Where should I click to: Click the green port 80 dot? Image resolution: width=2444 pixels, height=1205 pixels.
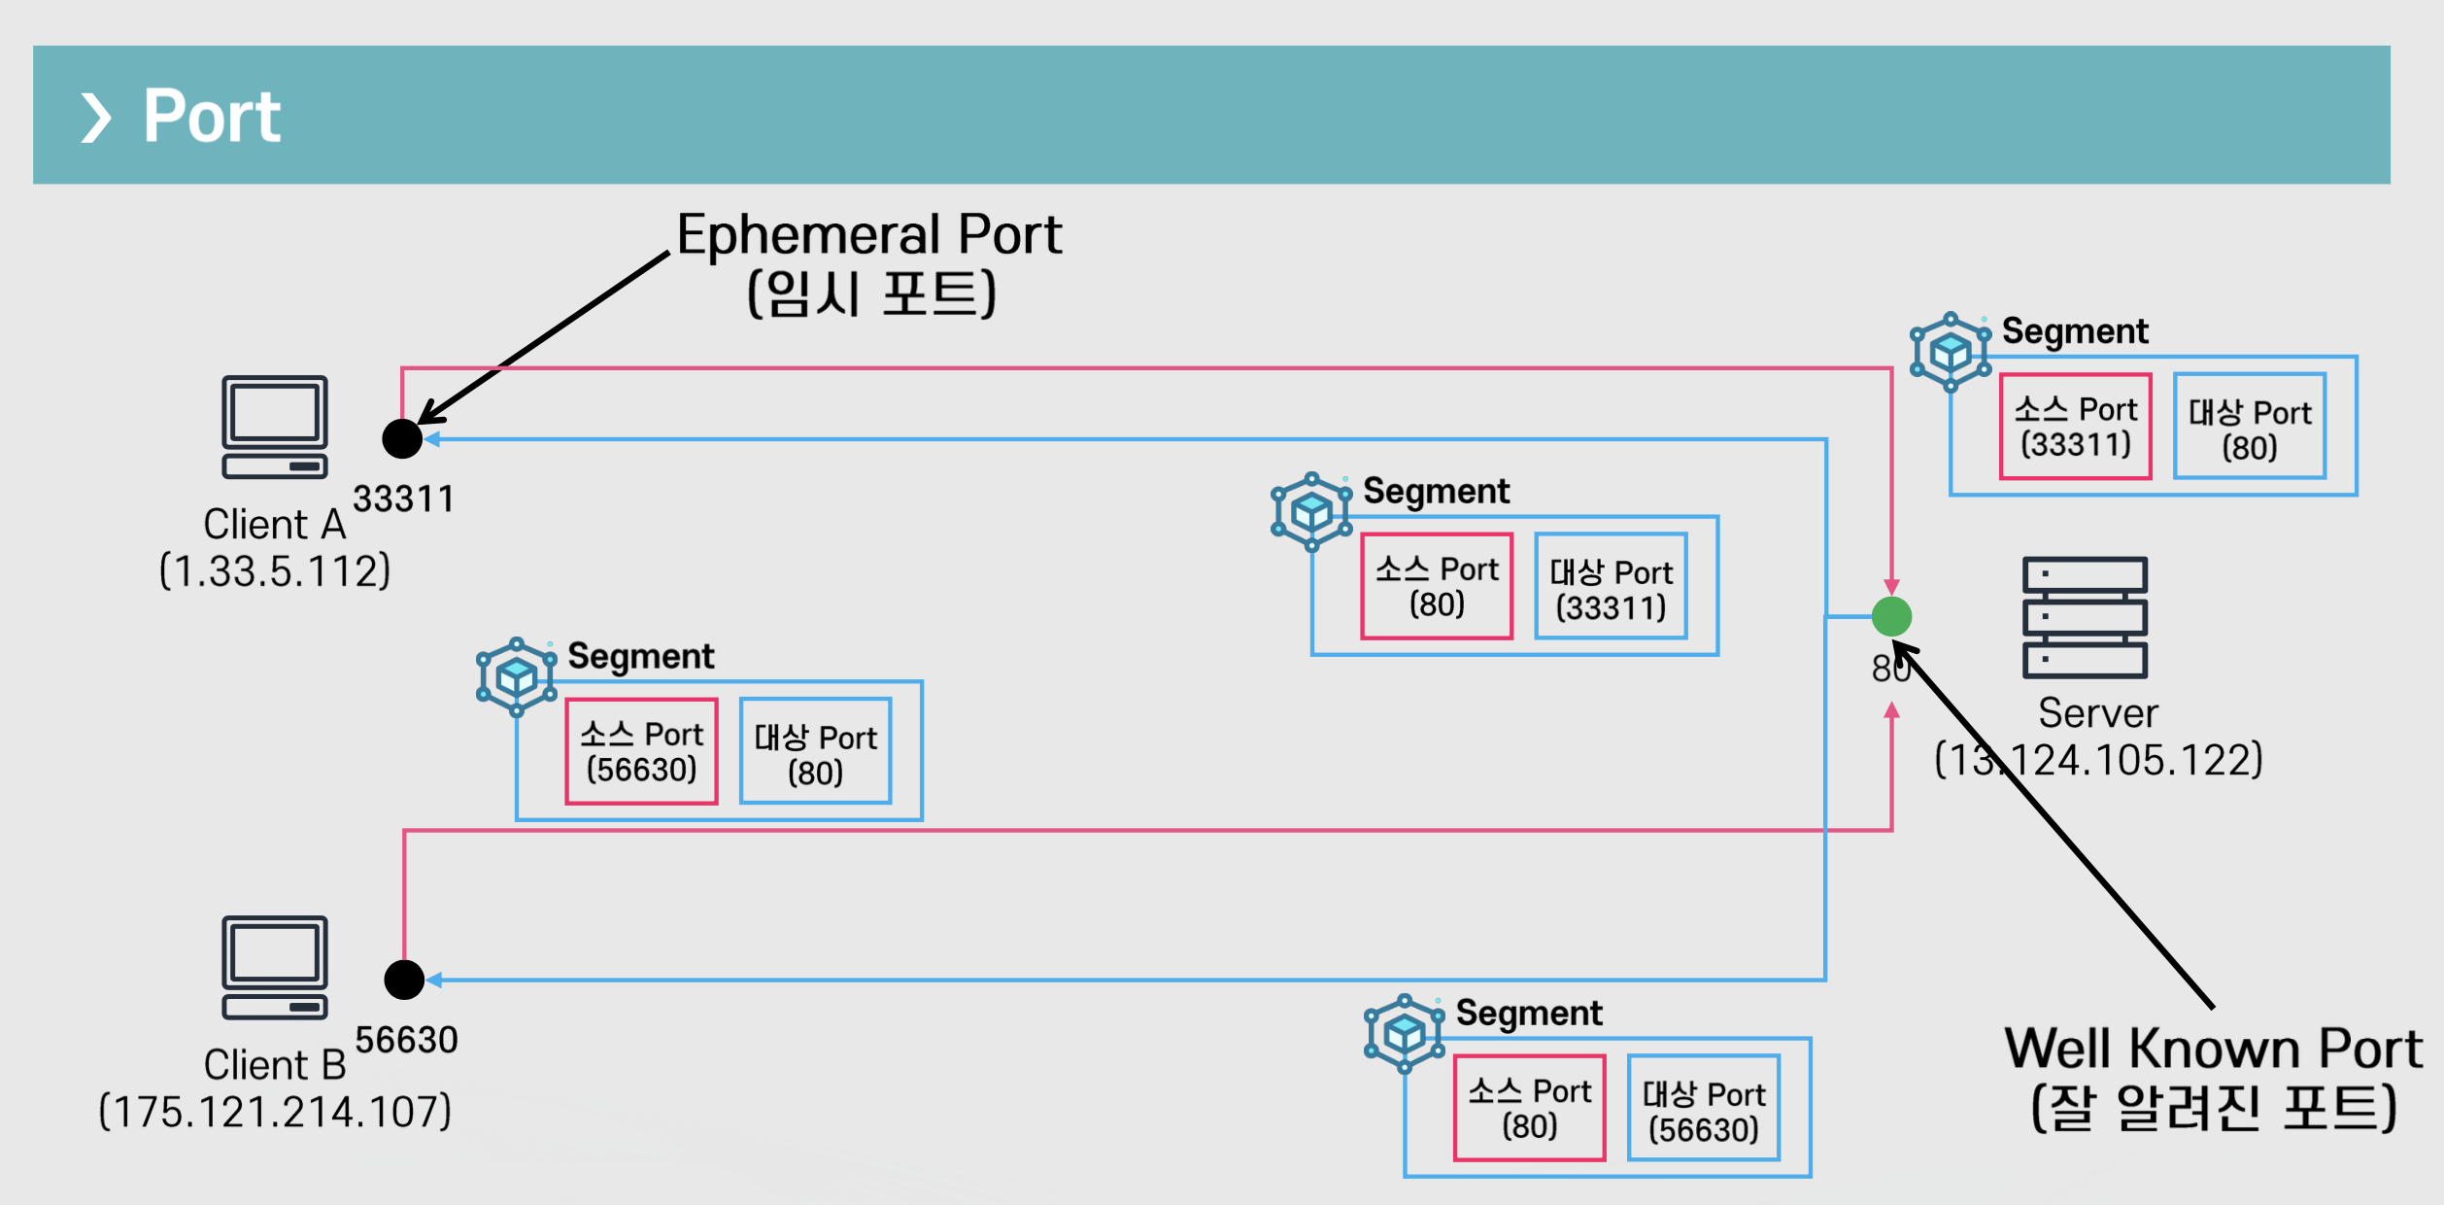click(1891, 616)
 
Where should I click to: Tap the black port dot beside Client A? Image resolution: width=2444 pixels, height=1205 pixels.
click(402, 438)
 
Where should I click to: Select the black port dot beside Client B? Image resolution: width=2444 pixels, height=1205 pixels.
click(404, 980)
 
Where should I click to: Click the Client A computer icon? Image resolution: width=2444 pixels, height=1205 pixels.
click(275, 428)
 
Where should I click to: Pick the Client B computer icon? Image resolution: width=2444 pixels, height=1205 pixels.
click(275, 967)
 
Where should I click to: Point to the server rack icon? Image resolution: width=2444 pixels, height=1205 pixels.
click(2085, 617)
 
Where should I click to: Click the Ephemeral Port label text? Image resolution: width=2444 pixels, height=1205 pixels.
click(869, 234)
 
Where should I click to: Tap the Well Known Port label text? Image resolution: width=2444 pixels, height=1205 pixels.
click(2214, 1049)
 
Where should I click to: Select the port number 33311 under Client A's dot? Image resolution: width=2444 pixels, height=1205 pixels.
click(403, 499)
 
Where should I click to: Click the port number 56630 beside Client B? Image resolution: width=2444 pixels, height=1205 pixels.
click(406, 1040)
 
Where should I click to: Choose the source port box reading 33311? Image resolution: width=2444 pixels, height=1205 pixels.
click(2076, 427)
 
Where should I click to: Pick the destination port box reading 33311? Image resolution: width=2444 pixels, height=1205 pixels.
click(1611, 586)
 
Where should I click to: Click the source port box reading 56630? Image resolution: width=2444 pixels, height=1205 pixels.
click(641, 751)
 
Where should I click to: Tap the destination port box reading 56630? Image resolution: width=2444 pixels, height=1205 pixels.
click(1704, 1108)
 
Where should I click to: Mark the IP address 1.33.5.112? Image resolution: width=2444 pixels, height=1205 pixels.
click(275, 570)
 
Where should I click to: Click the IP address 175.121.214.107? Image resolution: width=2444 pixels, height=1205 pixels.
click(275, 1111)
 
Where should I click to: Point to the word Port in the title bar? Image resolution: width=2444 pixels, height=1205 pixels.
click(212, 116)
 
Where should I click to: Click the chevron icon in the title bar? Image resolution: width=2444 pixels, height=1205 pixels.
click(95, 118)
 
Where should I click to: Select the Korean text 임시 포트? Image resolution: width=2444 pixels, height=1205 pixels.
click(871, 293)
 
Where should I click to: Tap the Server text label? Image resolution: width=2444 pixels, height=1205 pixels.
click(2098, 713)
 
